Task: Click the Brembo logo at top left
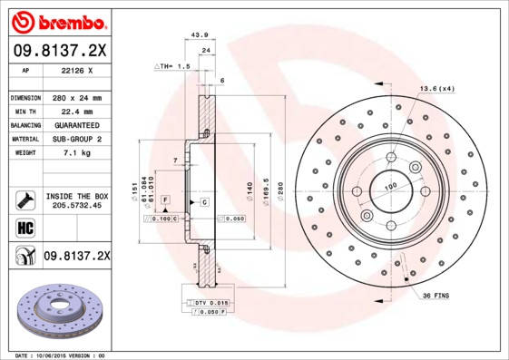pos(58,20)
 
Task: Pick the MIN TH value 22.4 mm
pos(77,112)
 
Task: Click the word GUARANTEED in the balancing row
pos(77,125)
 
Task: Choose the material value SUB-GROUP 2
pos(77,140)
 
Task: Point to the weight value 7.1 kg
pos(77,153)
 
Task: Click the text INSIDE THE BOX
pos(77,196)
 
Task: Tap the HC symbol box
pos(24,226)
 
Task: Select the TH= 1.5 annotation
pos(172,66)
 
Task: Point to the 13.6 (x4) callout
pos(436,88)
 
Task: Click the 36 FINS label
pos(435,296)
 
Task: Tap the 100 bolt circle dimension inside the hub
pos(391,188)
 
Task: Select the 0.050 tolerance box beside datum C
pos(231,219)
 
